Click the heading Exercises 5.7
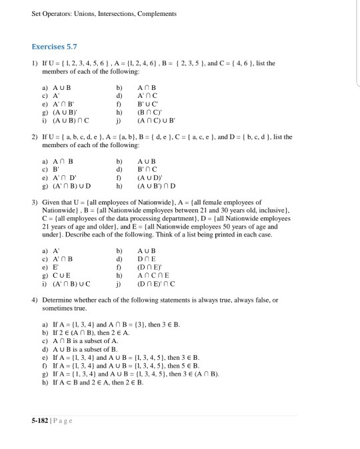[x=55, y=47]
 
